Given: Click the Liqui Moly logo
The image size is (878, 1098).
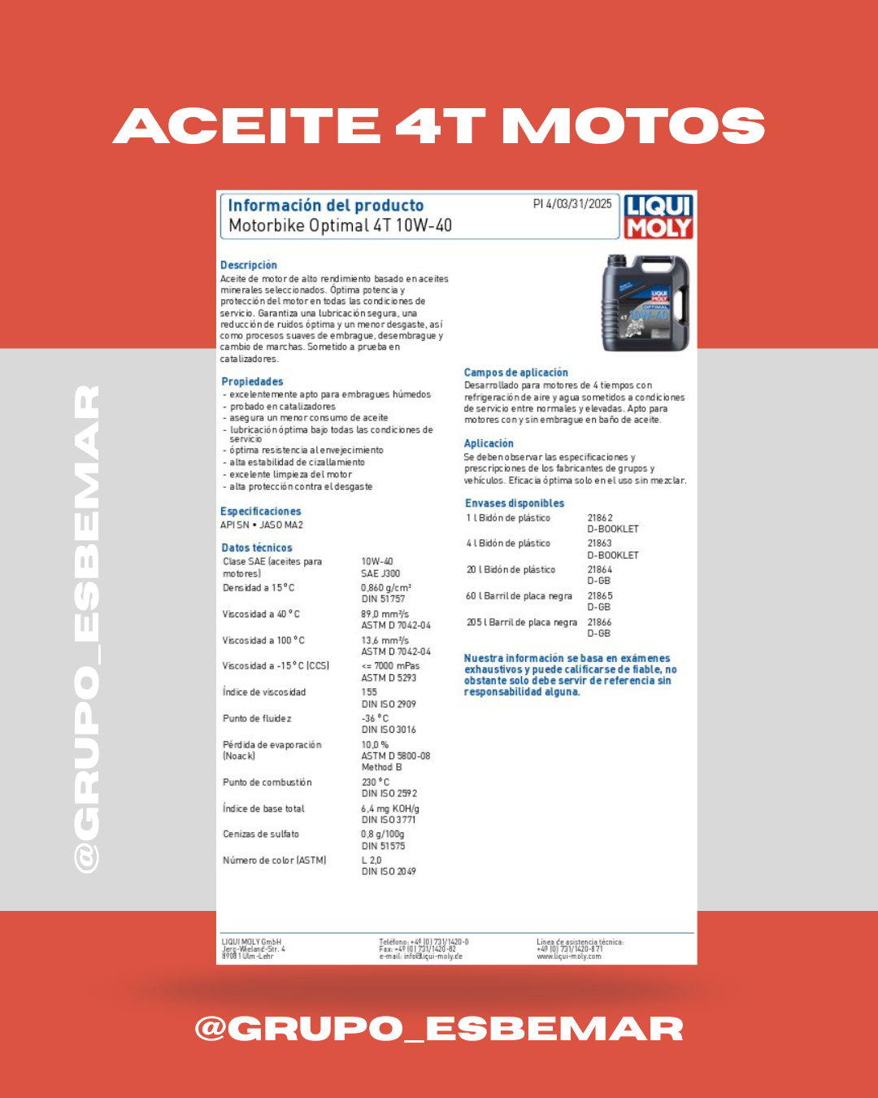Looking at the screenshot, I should coord(658,216).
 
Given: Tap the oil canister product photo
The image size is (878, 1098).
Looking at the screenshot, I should coord(645,302).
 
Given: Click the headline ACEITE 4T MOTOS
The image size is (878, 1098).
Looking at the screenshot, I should coord(439,126).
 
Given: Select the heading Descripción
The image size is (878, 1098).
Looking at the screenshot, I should coord(249,265).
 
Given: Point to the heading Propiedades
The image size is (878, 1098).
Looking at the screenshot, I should coord(253,381).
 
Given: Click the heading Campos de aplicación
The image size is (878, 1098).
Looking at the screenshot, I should coord(516,373).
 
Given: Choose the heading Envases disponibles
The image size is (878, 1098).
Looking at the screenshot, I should coord(515,503).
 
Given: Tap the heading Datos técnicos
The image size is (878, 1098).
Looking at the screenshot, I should coord(257,548).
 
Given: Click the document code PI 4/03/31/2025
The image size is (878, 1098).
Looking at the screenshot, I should coord(572,204).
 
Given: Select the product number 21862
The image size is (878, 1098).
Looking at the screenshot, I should coord(600,518).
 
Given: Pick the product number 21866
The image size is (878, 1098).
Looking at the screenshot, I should coord(600,622).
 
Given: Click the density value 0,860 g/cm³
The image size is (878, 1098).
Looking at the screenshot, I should coord(386,587).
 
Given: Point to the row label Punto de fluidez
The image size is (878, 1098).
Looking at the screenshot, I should coord(257,718).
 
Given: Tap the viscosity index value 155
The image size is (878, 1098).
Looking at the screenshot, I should coord(370,692).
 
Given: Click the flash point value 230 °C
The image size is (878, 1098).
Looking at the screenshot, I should coord(376,782).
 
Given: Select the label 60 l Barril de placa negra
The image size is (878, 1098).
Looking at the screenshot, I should coord(519,596).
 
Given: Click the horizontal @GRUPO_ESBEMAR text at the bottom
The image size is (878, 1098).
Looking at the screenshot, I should coord(439,1029).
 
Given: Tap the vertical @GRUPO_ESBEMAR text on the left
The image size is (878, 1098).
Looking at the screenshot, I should coord(87,629).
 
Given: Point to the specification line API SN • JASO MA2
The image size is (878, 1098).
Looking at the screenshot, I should coord(262,525).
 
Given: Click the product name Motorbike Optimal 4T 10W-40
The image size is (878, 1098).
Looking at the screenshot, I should coord(340,225).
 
